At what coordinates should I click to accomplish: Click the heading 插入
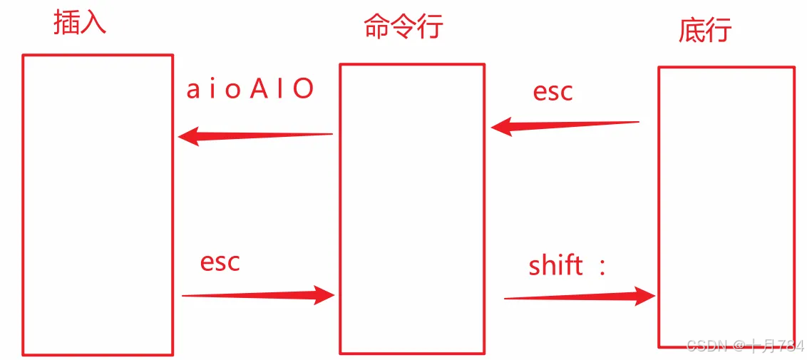pos(80,22)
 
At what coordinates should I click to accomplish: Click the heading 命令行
pos(403,26)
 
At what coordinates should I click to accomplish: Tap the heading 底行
pos(705,31)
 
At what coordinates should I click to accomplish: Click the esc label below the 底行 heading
pos(552,92)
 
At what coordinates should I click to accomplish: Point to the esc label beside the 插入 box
pos(220,262)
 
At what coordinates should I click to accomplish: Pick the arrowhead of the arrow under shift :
pos(645,296)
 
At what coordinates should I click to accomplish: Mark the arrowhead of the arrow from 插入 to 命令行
pos(324,294)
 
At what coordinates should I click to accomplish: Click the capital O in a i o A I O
pos(304,89)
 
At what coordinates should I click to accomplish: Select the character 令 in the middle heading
pos(403,26)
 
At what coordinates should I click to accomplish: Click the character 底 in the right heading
pos(691,31)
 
